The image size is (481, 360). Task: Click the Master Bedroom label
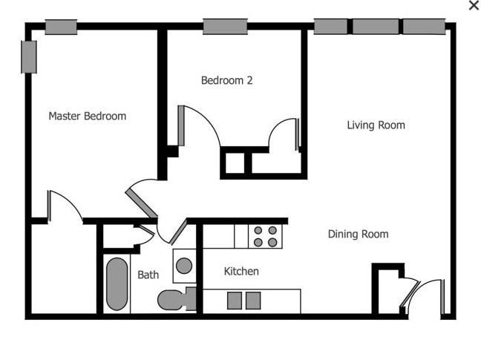87,116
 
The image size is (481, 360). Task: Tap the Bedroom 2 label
227,80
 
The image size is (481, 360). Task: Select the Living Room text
376,125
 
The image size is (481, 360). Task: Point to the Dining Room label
358,234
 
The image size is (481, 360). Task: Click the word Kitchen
241,272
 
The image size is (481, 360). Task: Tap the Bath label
148,275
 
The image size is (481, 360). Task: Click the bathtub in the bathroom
117,284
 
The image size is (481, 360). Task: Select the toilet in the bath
173,299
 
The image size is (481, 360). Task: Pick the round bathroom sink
183,265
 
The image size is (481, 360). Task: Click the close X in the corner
474,6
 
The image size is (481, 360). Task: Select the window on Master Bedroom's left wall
29,56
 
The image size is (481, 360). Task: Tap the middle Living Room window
375,27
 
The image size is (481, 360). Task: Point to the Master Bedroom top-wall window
61,27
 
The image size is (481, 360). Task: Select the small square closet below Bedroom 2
235,163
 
